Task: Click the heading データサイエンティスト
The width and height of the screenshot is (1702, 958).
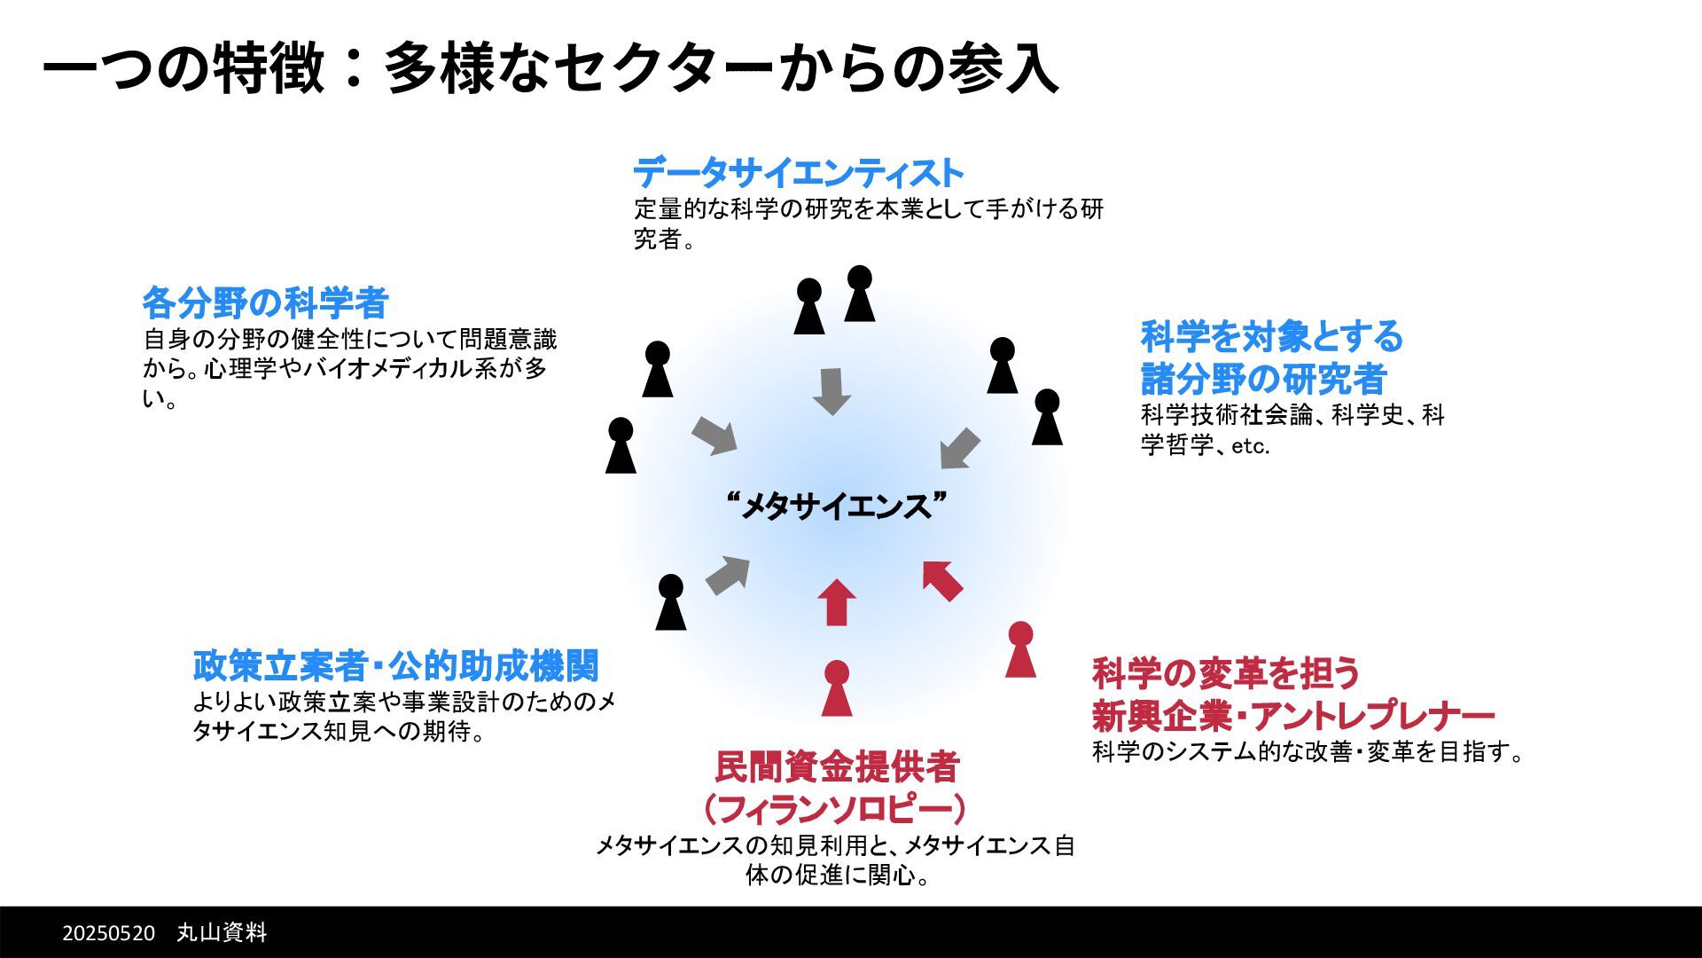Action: pos(798,173)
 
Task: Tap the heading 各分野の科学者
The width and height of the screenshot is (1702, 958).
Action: pos(265,303)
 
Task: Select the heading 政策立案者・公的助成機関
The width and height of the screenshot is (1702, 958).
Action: pos(396,666)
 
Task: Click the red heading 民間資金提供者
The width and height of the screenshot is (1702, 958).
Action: pos(837,767)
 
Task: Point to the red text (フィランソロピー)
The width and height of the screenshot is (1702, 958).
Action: pos(835,809)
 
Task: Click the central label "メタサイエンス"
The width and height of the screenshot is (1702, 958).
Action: pos(835,506)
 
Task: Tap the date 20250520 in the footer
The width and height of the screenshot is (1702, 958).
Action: pos(108,933)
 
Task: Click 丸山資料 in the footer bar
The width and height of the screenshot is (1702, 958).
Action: pos(222,933)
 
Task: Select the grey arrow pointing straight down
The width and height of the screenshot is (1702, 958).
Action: pos(831,391)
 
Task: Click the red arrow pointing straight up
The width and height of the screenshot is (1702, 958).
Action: pos(836,602)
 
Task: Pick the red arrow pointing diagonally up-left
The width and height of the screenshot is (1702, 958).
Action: pos(942,580)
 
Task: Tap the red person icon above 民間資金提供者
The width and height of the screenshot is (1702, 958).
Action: pos(836,688)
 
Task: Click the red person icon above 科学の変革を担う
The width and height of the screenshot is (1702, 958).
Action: pos(1020,649)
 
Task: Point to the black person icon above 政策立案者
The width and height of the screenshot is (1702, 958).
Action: pos(671,602)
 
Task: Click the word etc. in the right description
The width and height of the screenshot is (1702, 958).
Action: pos(1250,446)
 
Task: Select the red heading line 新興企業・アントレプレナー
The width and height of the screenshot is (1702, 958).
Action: pos(1293,715)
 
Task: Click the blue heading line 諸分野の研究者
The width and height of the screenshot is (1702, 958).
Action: pos(1263,380)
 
